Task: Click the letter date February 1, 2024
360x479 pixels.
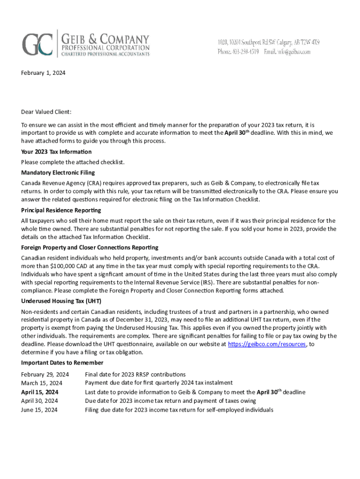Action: (x=43, y=73)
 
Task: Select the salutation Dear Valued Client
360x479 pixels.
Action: (x=46, y=112)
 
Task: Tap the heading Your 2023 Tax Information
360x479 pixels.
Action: (x=56, y=152)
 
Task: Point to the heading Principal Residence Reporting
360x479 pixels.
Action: (x=60, y=210)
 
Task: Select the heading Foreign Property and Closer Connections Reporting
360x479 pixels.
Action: (x=89, y=247)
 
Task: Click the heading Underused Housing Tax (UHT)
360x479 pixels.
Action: (x=61, y=301)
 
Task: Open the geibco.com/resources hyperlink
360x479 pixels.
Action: (x=266, y=344)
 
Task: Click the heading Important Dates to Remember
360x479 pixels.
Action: (x=62, y=363)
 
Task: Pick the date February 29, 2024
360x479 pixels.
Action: (x=45, y=374)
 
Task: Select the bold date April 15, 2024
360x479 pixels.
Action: (x=40, y=392)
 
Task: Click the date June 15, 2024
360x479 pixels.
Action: (x=39, y=410)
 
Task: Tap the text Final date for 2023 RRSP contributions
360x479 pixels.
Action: (x=135, y=374)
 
